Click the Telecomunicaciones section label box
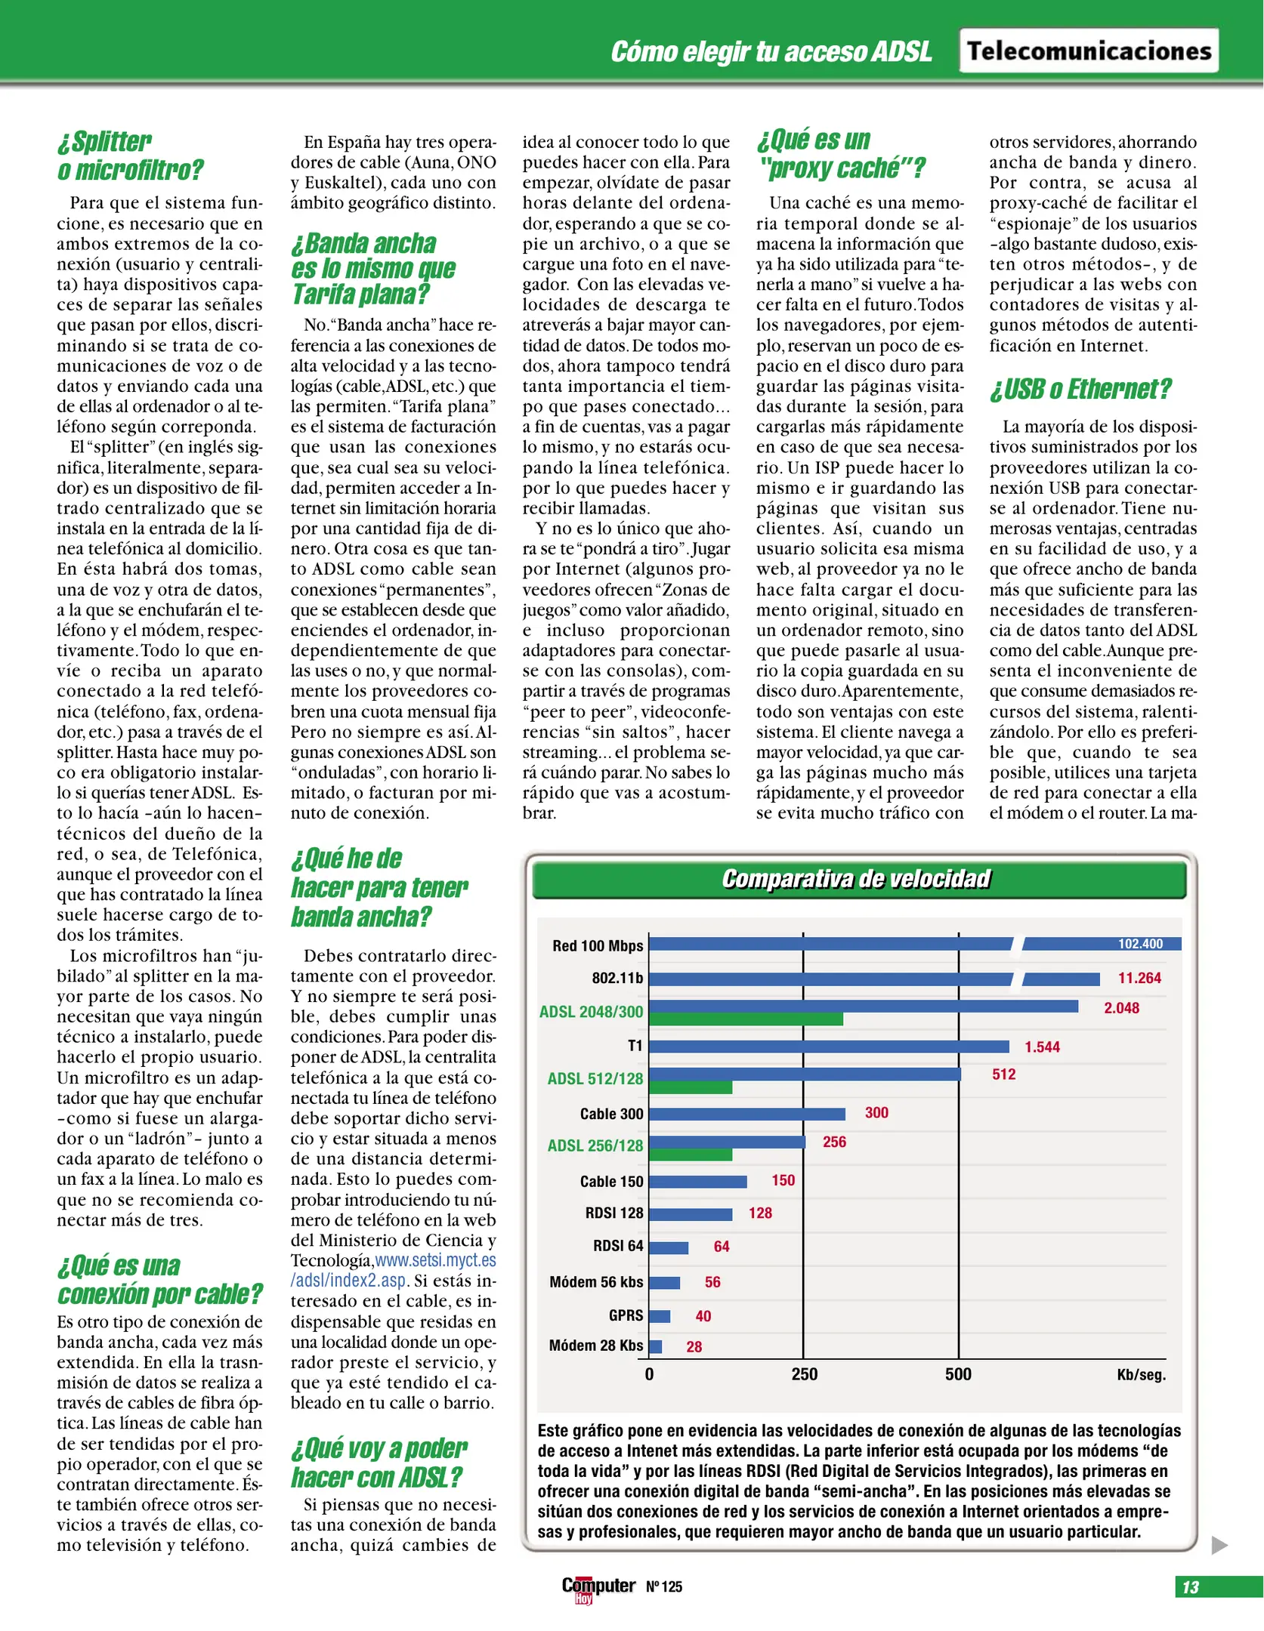(1088, 51)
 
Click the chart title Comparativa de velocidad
(855, 879)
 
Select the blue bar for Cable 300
(746, 1114)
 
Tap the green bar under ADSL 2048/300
(745, 1019)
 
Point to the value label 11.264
(1139, 979)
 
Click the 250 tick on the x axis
(804, 1374)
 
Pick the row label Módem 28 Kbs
(595, 1346)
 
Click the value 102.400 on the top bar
(1140, 944)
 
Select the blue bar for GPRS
(660, 1316)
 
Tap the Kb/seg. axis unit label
(1141, 1375)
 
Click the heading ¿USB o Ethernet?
(1080, 389)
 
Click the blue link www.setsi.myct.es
(435, 1260)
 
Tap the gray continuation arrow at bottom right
(1219, 1545)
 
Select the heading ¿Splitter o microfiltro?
(130, 156)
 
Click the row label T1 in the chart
(635, 1046)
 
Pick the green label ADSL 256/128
(595, 1145)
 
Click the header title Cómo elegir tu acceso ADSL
(771, 52)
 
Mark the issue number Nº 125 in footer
(664, 1587)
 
